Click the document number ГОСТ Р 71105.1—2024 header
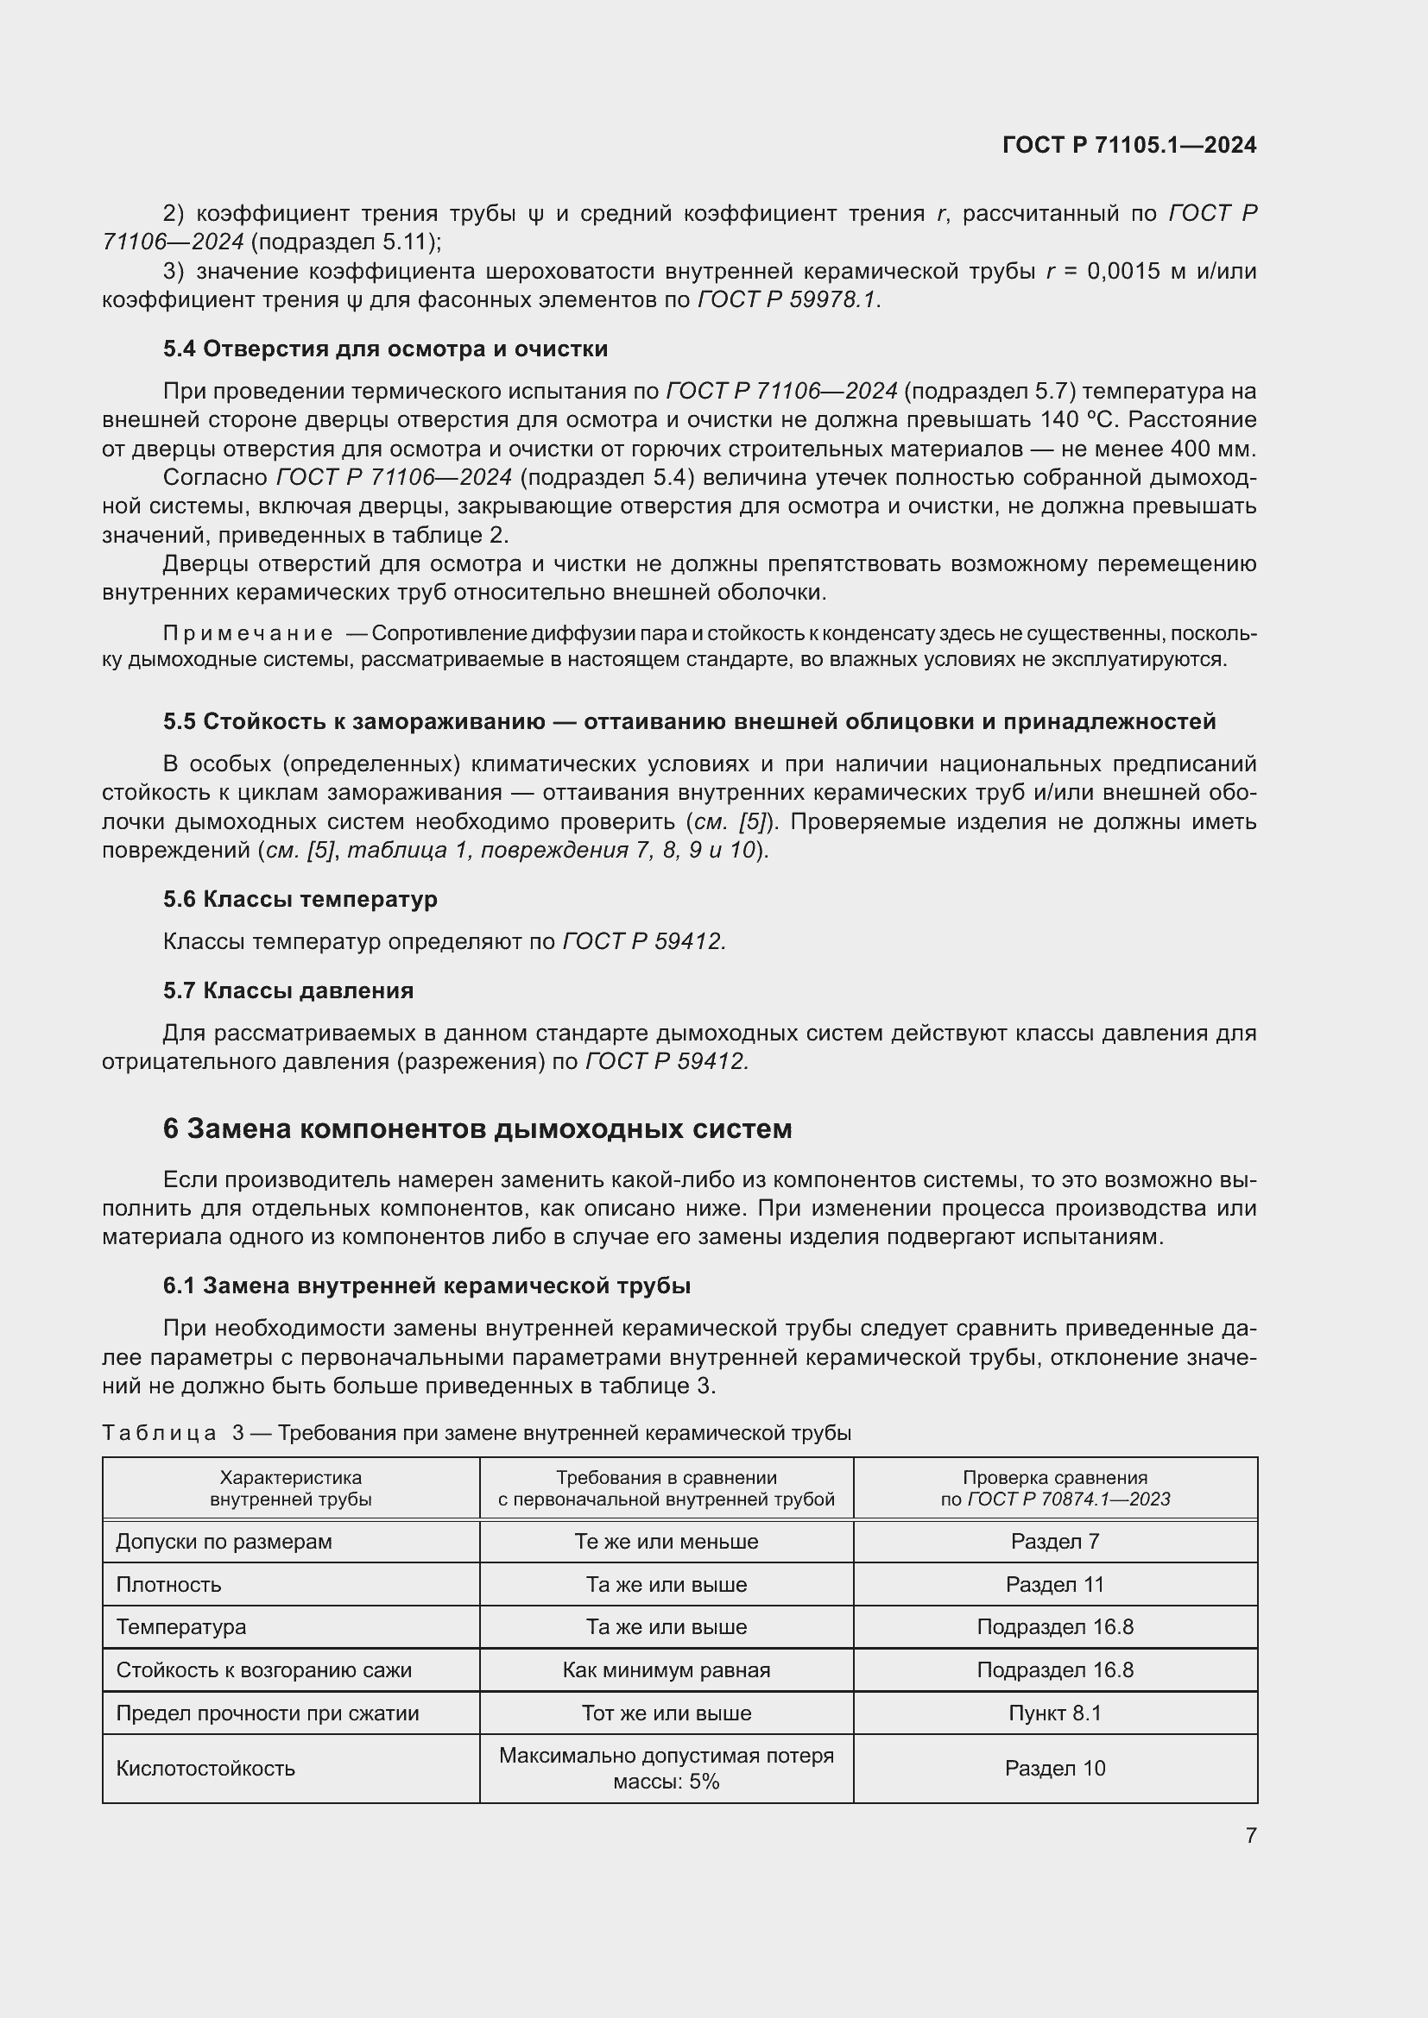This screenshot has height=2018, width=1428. pos(1129,146)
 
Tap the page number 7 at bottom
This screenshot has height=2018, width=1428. pos(1250,1835)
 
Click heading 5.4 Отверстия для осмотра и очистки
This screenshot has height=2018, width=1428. pos(385,349)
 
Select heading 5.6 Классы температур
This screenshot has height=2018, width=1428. pos(300,899)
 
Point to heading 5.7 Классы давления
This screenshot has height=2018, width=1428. pos(287,990)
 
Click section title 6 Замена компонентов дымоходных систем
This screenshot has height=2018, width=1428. pos(477,1128)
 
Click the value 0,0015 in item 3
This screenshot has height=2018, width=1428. pos(1123,271)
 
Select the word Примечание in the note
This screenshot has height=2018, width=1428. pos(248,634)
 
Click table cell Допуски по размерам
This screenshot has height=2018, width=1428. pos(224,1542)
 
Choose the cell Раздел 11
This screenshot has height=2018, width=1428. pos(1054,1585)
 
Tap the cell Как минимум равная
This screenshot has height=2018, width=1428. pos(666,1670)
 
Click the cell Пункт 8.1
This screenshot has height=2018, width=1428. pos(1054,1713)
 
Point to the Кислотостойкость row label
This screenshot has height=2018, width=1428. pos(205,1769)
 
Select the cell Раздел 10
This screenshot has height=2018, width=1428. pos(1054,1769)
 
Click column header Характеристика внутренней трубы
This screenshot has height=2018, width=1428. pos(290,1488)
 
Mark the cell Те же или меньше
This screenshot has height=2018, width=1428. pos(666,1542)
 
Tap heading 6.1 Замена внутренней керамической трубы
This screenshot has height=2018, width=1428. pos(427,1286)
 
